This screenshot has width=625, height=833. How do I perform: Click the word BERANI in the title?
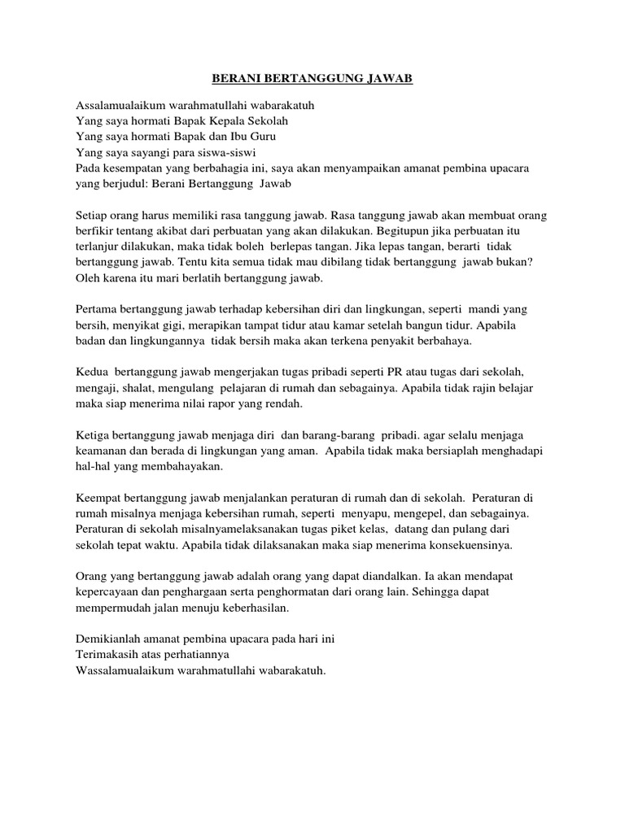(x=234, y=79)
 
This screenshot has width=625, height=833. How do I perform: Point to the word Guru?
(x=251, y=136)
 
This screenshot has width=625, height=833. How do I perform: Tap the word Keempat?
(x=100, y=498)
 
